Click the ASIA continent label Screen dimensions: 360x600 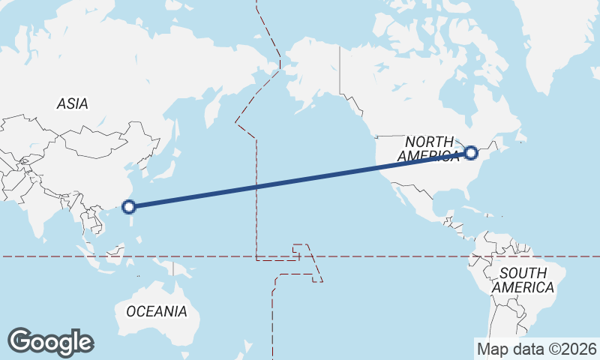72,104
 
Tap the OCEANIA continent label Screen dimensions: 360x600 156,311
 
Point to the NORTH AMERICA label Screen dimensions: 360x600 429,148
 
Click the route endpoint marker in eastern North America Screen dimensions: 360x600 471,153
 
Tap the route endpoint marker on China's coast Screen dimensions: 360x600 129,206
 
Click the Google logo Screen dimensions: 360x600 50,342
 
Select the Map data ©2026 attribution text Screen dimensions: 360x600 536,349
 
